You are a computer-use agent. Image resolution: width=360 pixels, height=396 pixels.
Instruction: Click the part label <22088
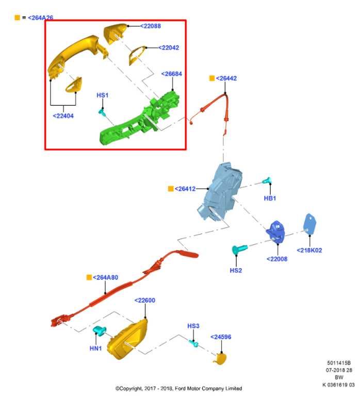coord(150,26)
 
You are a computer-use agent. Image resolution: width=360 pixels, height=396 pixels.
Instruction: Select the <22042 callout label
coord(169,48)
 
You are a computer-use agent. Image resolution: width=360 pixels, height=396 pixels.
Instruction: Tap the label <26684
coord(172,74)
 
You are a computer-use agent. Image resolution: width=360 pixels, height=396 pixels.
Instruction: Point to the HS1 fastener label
coord(102,95)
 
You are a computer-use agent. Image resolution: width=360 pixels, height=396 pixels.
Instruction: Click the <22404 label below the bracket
coord(63,116)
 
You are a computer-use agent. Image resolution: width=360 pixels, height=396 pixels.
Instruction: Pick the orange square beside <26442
coord(212,78)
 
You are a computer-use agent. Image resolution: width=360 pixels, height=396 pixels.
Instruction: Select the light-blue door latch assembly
coord(219,191)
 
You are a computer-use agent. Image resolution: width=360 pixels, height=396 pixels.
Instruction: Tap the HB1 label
coord(270,198)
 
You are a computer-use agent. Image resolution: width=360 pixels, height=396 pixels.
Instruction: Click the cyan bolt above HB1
coord(267,180)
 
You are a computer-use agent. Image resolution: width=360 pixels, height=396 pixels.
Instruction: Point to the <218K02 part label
coord(309,250)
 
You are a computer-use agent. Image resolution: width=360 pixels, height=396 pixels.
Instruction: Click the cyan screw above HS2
coord(239,249)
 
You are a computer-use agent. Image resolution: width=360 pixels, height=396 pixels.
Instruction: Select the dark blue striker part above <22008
coord(275,232)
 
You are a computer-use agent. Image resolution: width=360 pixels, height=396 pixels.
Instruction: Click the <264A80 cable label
coord(105,277)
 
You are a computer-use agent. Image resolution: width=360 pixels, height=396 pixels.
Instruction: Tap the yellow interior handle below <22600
coord(127,339)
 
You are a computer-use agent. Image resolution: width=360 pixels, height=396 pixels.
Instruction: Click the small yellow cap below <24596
coord(220,359)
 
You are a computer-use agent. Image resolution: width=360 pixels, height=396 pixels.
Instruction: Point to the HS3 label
coord(193,326)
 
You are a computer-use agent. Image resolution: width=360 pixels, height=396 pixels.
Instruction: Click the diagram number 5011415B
coord(339,363)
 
